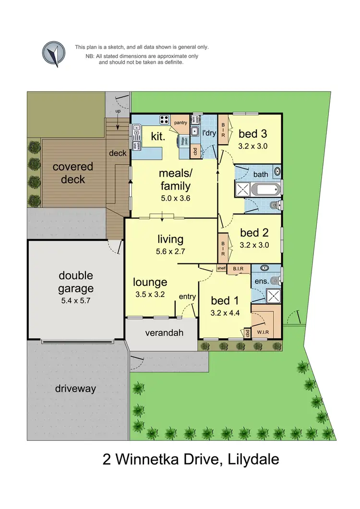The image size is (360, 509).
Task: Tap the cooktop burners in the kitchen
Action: click(165, 120)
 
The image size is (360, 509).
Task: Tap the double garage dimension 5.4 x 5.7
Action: click(76, 301)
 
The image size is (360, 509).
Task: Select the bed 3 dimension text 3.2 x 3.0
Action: click(252, 146)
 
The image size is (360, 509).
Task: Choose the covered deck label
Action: click(72, 173)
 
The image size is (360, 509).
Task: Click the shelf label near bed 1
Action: click(221, 268)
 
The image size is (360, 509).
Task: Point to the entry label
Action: click(187, 297)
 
